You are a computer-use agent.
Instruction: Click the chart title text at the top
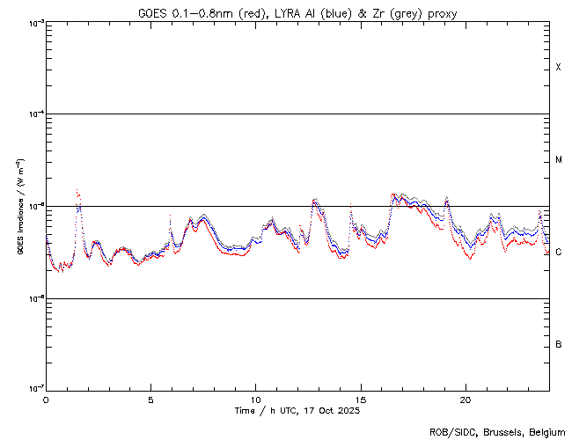297,12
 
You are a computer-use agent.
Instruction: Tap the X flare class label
559,68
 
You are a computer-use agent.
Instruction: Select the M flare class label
559,160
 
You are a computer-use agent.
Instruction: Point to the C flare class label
559,253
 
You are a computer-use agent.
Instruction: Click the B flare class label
559,344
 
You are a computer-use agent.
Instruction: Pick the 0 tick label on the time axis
46,400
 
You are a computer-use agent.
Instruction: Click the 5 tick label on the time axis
150,400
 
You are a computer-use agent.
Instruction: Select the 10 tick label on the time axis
255,400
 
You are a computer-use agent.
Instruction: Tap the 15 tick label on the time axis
360,400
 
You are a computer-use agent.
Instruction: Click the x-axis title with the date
297,411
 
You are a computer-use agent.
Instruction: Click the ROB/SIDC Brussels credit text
497,432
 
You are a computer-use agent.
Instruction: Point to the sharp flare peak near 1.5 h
77,190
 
